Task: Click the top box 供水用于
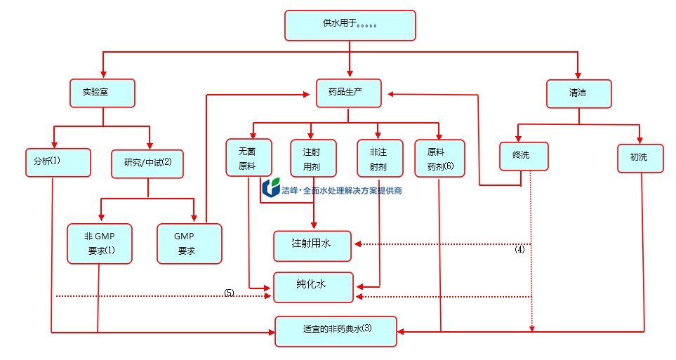pyautogui.click(x=350, y=25)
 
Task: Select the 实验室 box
pyautogui.click(x=102, y=93)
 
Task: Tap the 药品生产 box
pyautogui.click(x=349, y=93)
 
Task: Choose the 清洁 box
pyautogui.click(x=578, y=93)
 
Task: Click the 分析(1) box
pyautogui.click(x=58, y=162)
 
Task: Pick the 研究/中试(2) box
pyautogui.click(x=148, y=163)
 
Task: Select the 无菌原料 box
pyautogui.click(x=248, y=158)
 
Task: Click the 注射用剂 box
pyautogui.click(x=313, y=158)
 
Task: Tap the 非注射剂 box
pyautogui.click(x=379, y=158)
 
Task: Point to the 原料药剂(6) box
pyautogui.click(x=440, y=158)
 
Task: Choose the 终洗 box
pyautogui.click(x=524, y=156)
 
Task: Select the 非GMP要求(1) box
pyautogui.click(x=100, y=243)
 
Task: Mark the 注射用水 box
pyautogui.click(x=312, y=244)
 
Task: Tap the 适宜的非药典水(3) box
pyautogui.click(x=336, y=331)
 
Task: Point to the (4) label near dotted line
pyautogui.click(x=519, y=249)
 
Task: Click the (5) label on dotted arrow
pyautogui.click(x=229, y=292)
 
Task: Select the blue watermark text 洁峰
pyautogui.click(x=289, y=190)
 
